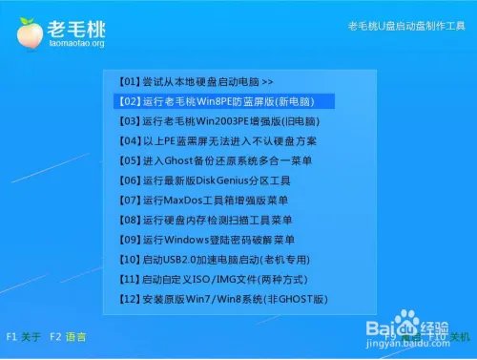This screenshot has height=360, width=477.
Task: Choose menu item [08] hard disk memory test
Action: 205,221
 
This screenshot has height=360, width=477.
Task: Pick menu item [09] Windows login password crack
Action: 211,240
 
